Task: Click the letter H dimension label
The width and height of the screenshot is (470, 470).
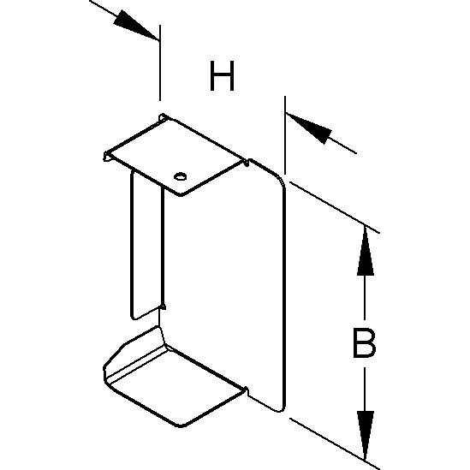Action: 222,76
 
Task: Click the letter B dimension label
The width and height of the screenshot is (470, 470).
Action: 364,343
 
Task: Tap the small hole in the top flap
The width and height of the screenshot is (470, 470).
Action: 180,176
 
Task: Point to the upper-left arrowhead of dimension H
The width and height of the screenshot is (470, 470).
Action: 135,25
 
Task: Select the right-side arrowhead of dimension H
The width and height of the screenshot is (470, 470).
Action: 309,128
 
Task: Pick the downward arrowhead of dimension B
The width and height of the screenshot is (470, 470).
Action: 365,435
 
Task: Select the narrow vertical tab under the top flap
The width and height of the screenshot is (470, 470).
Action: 147,244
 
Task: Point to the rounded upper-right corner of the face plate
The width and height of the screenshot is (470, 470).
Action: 278,179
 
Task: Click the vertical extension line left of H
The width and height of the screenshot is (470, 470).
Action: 160,63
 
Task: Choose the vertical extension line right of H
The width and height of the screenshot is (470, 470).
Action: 285,135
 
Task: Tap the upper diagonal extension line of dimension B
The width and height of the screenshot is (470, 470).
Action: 335,207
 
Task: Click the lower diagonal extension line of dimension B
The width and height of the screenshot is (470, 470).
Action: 335,444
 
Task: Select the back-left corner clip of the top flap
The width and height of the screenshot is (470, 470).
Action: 163,117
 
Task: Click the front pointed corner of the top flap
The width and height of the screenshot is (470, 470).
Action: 180,194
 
